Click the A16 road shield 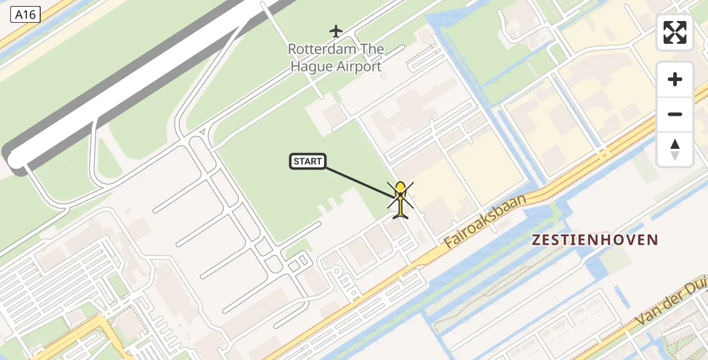coord(25,15)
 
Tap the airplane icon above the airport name coord(336,30)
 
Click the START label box coord(308,161)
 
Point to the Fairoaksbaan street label coord(485,222)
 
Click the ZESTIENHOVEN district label coord(595,240)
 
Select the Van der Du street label coord(672,306)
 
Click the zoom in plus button coord(675,79)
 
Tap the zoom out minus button coord(675,114)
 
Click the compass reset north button coord(675,149)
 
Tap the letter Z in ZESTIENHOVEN coord(536,240)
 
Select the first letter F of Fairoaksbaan coord(449,245)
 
